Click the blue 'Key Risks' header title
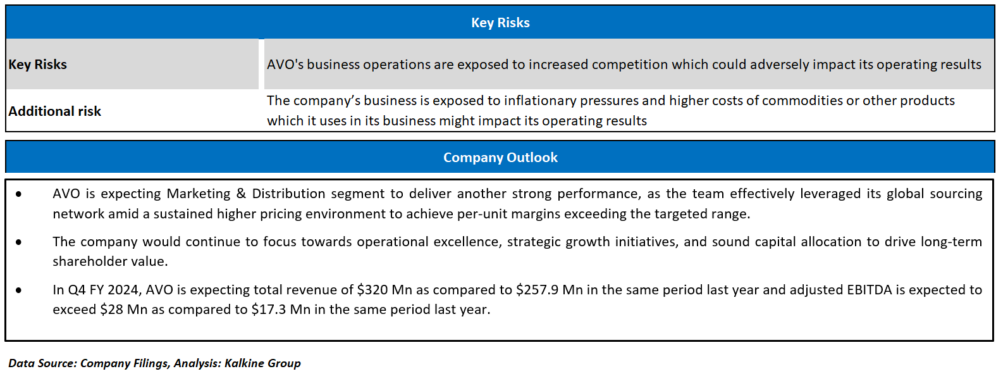click(x=500, y=23)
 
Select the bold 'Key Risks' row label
click(x=38, y=65)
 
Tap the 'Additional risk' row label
click(x=55, y=111)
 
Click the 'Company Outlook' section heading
click(x=500, y=158)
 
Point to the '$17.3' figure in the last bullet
click(x=268, y=310)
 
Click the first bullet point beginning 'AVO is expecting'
click(x=19, y=194)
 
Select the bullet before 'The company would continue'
click(x=19, y=242)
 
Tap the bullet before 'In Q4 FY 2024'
click(x=19, y=291)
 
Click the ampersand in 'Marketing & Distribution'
click(x=241, y=194)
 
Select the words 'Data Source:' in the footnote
click(x=42, y=363)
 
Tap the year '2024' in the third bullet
click(x=123, y=290)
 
